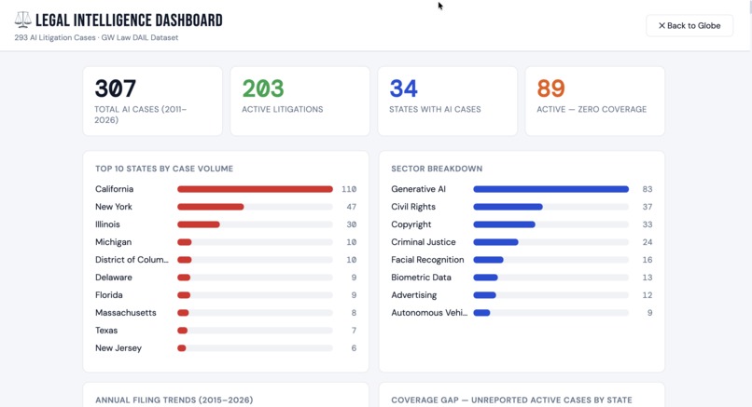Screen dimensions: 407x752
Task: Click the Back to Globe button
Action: click(689, 25)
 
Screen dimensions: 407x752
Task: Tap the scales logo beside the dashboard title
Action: click(22, 20)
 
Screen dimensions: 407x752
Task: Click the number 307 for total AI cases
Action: click(116, 88)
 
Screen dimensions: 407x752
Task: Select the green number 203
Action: click(263, 88)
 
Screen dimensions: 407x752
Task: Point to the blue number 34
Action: click(403, 88)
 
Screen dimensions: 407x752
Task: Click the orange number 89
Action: click(550, 88)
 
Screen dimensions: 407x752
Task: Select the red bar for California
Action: click(255, 189)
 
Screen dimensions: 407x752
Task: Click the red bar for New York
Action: click(211, 207)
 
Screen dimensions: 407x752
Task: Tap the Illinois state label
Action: click(107, 224)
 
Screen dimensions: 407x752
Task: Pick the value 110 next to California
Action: click(349, 189)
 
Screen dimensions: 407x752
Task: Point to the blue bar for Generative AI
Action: click(550, 189)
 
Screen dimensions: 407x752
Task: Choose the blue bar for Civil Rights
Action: click(508, 207)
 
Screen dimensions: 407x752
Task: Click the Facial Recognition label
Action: click(427, 260)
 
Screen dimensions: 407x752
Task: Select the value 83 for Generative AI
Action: click(647, 189)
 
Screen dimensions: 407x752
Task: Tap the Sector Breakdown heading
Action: click(437, 169)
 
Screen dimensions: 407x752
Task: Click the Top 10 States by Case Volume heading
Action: click(164, 169)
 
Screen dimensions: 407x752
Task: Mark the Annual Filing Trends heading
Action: click(174, 400)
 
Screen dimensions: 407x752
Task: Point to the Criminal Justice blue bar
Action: click(495, 242)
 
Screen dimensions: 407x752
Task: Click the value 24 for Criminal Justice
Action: click(647, 242)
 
